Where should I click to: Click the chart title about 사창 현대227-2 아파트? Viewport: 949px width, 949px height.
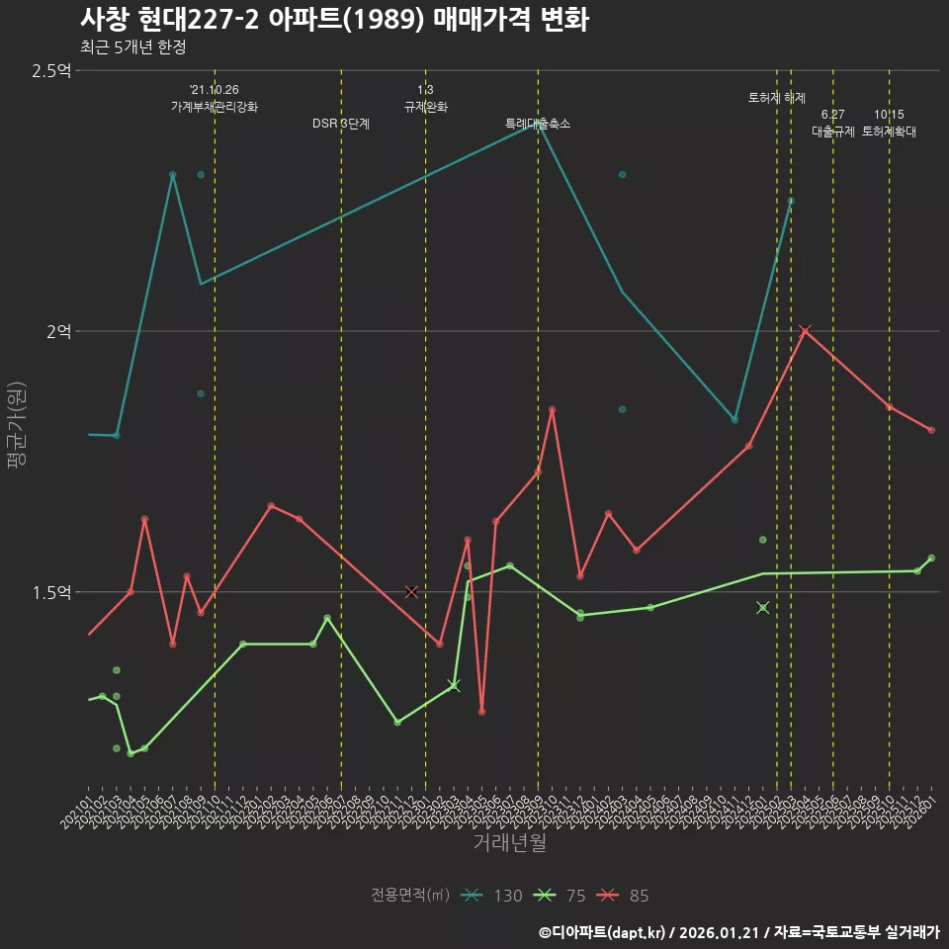point(334,19)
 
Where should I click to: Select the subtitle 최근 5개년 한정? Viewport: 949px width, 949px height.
point(132,46)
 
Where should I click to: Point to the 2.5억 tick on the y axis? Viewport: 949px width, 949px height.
point(50,71)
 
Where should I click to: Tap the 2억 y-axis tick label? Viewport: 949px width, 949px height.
point(58,332)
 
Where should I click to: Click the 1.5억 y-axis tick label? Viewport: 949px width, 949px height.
point(50,592)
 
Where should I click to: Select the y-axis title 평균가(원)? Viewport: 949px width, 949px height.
point(17,425)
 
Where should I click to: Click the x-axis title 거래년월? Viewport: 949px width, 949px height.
point(509,843)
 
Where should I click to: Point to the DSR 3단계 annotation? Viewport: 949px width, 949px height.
point(341,124)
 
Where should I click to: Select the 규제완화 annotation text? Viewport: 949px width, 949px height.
point(426,107)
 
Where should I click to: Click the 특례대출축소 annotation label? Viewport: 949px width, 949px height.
point(538,124)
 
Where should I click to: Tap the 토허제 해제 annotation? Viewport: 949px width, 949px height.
point(777,98)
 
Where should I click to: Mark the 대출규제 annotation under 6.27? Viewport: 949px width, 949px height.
point(833,130)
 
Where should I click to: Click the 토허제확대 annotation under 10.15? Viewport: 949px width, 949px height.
point(889,130)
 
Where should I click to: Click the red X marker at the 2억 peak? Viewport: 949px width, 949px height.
point(805,331)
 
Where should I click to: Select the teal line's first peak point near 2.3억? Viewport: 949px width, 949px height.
point(172,175)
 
